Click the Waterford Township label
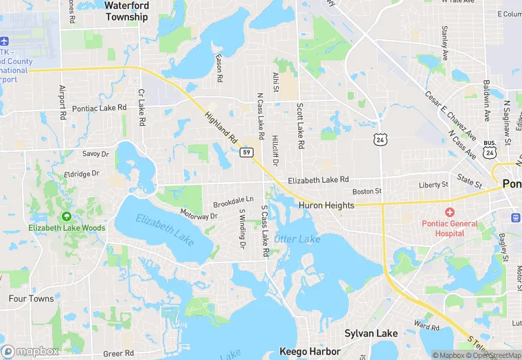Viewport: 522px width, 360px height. tap(126, 11)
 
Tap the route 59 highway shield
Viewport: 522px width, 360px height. tap(245, 152)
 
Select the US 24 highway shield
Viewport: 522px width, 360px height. tap(381, 139)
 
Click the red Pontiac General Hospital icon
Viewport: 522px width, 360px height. tap(450, 212)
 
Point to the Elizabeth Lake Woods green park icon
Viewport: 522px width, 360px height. tap(67, 216)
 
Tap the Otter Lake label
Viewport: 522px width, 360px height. tap(297, 239)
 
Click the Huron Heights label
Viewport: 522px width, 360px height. tap(326, 205)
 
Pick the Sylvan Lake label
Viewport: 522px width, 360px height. tap(371, 333)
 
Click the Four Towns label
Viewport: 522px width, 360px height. tap(31, 299)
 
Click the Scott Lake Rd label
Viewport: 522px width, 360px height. tap(299, 126)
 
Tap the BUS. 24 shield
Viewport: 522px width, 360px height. tap(488, 149)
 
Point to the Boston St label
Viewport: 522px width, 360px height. tap(366, 192)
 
